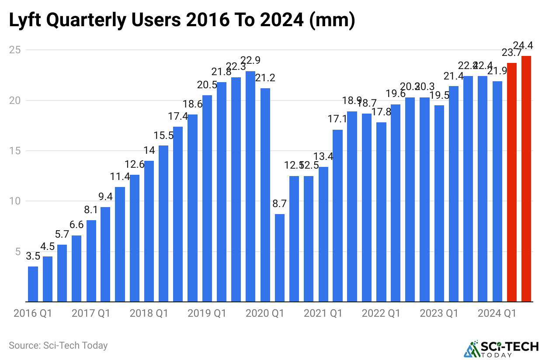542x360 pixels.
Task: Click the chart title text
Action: [x=182, y=21]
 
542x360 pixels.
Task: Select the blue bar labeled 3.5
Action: [x=33, y=284]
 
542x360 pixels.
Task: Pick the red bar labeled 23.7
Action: [x=512, y=182]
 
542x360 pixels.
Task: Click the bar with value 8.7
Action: [x=280, y=258]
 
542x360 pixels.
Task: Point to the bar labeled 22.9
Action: [x=250, y=186]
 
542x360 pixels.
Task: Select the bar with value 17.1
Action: [x=337, y=215]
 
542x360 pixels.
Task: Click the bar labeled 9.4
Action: [x=105, y=254]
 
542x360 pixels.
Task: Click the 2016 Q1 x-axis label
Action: [x=33, y=314]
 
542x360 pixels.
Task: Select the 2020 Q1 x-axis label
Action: [x=265, y=314]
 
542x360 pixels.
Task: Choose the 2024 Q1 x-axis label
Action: [x=497, y=314]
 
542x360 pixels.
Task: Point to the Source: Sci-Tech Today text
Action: [x=58, y=346]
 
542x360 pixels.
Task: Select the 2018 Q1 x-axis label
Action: [x=149, y=314]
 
